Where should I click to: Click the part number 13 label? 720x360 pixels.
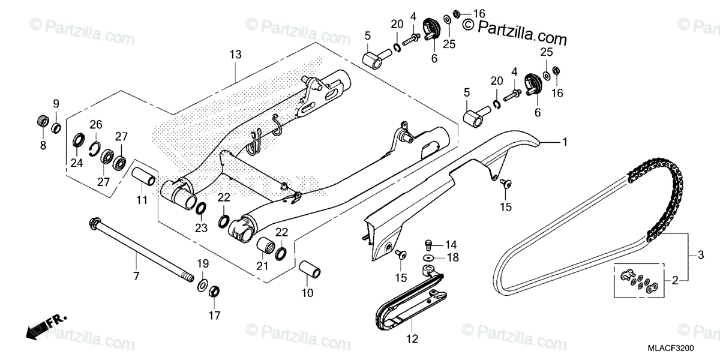coord(235,55)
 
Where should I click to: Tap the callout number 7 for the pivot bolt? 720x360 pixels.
coord(136,276)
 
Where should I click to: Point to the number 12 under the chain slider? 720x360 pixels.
coord(411,339)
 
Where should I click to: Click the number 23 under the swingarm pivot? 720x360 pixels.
coord(200,227)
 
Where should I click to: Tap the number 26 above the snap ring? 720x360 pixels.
coord(96,124)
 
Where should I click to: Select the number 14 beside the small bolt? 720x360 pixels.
coord(451,244)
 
